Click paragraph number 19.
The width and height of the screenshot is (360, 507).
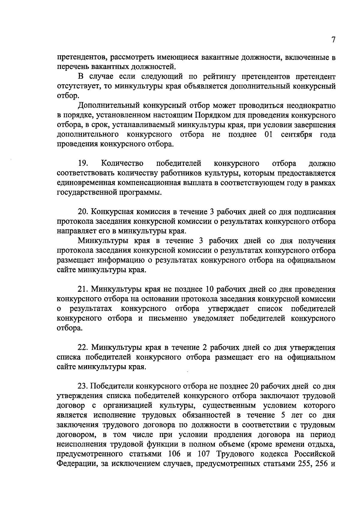82,163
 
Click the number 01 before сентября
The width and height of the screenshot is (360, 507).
269,134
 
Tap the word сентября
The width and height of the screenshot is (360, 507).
296,135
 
